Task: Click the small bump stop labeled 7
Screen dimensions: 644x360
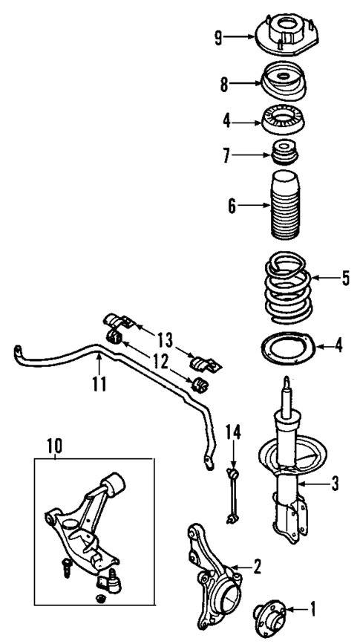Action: click(282, 155)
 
